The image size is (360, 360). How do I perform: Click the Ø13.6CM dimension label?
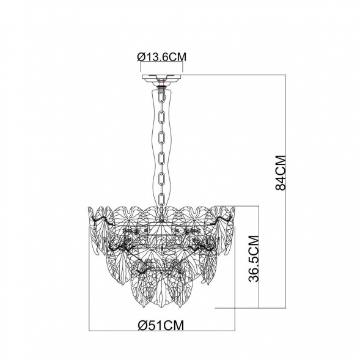(x=162, y=57)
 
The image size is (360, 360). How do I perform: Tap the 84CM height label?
(x=281, y=172)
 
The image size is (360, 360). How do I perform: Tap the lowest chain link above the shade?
(x=162, y=200)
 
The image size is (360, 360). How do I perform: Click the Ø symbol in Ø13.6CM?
(x=141, y=57)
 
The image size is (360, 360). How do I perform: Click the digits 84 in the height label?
(x=281, y=182)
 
